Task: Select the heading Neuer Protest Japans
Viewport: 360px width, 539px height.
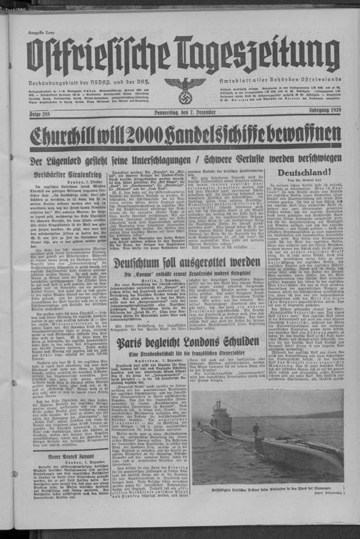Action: [68, 455]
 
